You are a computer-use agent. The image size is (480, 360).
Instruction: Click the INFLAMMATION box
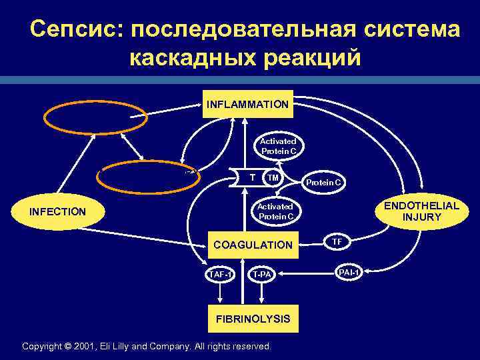point(247,105)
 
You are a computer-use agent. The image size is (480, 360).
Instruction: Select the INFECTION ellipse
point(58,212)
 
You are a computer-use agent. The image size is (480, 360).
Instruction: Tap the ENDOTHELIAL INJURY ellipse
point(418,211)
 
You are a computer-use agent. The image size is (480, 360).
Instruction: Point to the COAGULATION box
point(253,245)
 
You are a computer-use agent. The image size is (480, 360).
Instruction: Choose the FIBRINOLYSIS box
point(253,319)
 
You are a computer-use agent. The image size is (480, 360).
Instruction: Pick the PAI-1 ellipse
point(349,273)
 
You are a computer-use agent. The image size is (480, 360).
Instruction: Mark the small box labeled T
point(251,177)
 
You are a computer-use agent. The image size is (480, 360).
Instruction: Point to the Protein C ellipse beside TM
point(323,182)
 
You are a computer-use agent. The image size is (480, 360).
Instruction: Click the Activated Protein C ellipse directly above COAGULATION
point(276,211)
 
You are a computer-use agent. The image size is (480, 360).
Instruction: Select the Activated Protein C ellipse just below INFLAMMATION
point(278,146)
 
